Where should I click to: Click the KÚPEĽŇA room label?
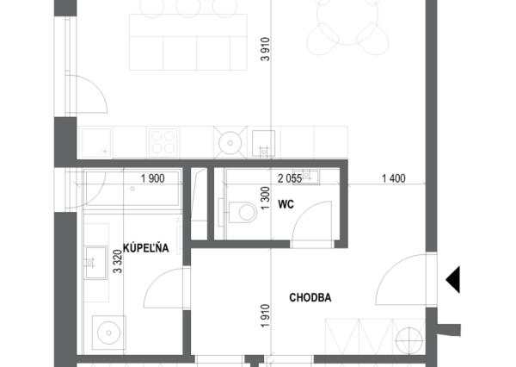pyautogui.click(x=146, y=247)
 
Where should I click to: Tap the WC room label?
pyautogui.click(x=286, y=204)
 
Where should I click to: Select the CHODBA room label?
pyautogui.click(x=310, y=297)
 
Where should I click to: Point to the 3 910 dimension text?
pyautogui.click(x=265, y=49)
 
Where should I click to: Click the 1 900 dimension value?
pyautogui.click(x=153, y=178)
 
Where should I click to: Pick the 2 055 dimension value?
pyautogui.click(x=290, y=178)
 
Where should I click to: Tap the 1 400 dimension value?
pyautogui.click(x=394, y=178)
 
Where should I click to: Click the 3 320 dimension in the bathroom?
pyautogui.click(x=118, y=262)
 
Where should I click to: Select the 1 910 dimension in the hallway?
pyautogui.click(x=265, y=315)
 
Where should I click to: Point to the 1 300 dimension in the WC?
pyautogui.click(x=265, y=198)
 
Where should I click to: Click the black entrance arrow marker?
pyautogui.click(x=453, y=280)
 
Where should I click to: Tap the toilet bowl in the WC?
pyautogui.click(x=243, y=212)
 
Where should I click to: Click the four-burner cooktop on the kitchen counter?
pyautogui.click(x=163, y=142)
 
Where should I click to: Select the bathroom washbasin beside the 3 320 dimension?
pyautogui.click(x=96, y=263)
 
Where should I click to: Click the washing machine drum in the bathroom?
pyautogui.click(x=109, y=333)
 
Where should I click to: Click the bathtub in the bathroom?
pyautogui.click(x=132, y=189)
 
